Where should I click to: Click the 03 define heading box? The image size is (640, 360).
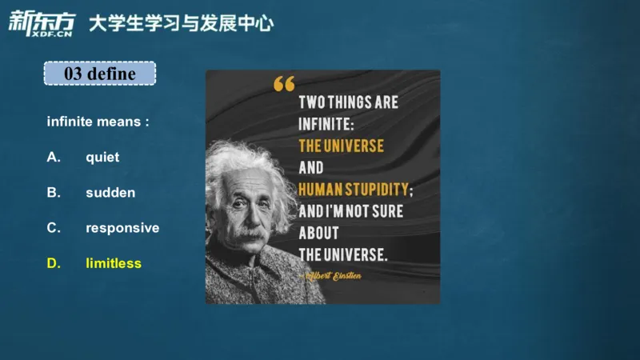click(99, 74)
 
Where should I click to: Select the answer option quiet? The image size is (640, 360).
click(102, 157)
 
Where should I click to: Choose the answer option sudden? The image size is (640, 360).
click(110, 192)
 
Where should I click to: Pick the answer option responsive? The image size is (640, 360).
click(122, 227)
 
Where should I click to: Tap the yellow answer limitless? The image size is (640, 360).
click(114, 262)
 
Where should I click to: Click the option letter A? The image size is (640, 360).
click(54, 157)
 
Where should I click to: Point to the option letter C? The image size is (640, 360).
click(54, 227)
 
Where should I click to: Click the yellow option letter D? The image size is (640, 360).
click(54, 262)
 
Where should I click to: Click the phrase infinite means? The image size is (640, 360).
click(98, 122)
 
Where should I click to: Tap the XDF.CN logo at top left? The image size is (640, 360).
click(40, 23)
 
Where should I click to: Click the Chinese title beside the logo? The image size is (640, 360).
click(180, 23)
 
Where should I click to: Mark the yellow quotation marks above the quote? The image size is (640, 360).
click(283, 83)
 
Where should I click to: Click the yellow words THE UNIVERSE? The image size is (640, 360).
click(341, 146)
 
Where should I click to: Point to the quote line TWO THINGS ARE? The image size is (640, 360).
click(348, 103)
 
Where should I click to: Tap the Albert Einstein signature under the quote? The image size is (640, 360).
click(332, 275)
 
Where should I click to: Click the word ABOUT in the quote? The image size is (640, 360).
click(318, 233)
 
